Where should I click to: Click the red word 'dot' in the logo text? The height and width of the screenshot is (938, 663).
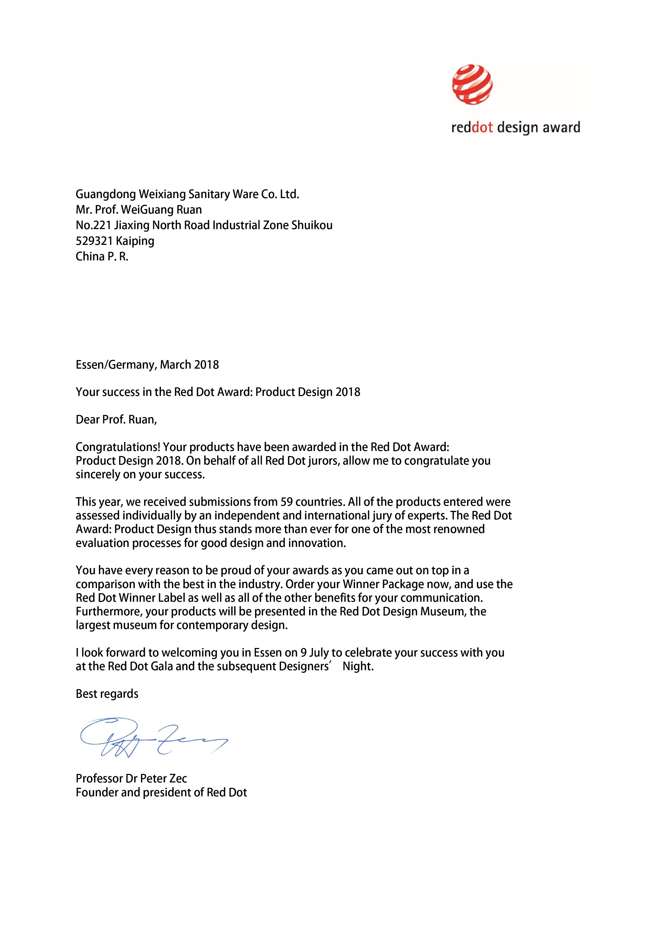[483, 128]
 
